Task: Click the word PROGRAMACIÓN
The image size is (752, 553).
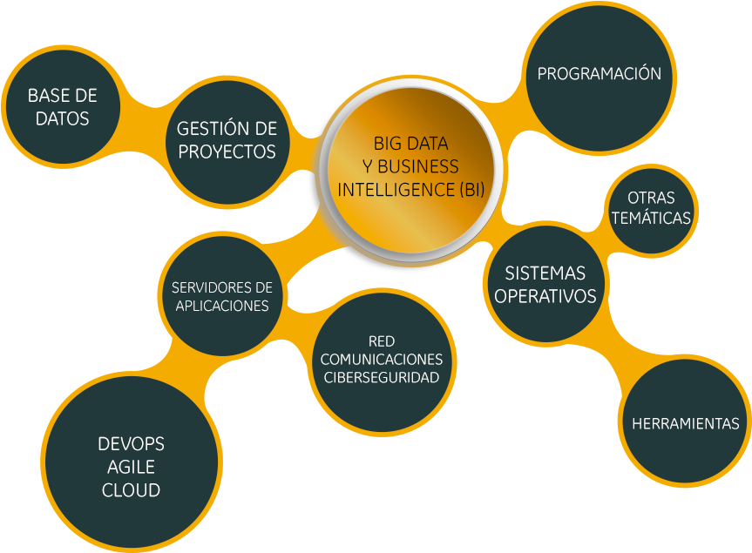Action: (599, 74)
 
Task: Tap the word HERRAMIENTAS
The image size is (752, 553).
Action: (685, 424)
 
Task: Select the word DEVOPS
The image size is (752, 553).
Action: (131, 445)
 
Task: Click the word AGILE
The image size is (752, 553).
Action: (131, 468)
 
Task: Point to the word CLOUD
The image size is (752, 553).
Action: (131, 490)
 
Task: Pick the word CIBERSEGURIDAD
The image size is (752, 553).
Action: (382, 377)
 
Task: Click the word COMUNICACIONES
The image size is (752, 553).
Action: (382, 359)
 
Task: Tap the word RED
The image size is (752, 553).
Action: (382, 341)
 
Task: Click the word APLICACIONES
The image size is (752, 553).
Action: (221, 306)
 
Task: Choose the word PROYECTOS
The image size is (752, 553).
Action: (227, 152)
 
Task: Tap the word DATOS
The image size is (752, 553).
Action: (62, 118)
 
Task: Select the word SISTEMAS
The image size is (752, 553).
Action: (545, 273)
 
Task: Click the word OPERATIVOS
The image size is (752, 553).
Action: (545, 296)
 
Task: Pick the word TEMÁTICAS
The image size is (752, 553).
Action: (651, 219)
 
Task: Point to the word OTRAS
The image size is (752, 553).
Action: (651, 199)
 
